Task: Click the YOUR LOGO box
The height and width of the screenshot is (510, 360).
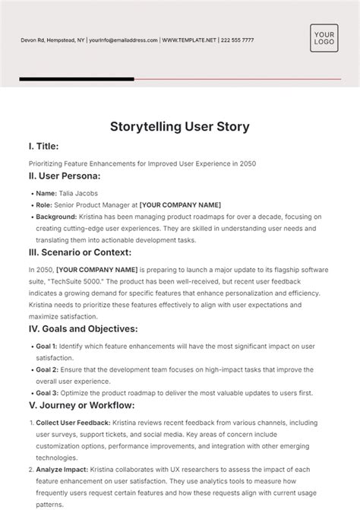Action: pos(324,39)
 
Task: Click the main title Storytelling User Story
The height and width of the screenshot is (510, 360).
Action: pos(180,126)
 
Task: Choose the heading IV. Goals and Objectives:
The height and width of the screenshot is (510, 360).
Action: pos(83,329)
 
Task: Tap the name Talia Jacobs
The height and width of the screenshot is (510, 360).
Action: pos(77,193)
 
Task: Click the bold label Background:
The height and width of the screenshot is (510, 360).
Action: pos(56,216)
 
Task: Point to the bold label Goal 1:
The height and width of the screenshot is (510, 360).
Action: pos(48,346)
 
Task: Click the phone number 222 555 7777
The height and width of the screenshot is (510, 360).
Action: pos(235,40)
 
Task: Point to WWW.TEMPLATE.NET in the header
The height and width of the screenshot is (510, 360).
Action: pos(190,40)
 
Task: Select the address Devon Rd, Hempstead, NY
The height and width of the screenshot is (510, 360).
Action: pos(52,40)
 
